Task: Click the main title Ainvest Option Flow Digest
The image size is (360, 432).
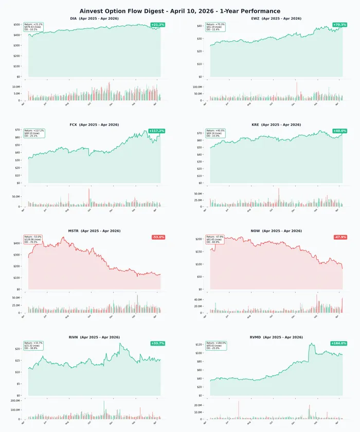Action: (180, 11)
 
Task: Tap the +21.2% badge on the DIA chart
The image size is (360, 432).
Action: (157, 25)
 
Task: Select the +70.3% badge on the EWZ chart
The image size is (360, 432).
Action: (339, 25)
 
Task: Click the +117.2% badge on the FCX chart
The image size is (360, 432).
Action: (156, 131)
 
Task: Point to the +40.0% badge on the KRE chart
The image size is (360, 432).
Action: (339, 131)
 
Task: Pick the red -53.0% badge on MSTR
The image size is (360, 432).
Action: (158, 237)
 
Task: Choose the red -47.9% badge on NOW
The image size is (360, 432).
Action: (340, 237)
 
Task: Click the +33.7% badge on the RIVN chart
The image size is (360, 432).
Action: (157, 343)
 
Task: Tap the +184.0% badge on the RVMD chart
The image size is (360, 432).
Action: (338, 343)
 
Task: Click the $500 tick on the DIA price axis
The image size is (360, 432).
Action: (17, 25)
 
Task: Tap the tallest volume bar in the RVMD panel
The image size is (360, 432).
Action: (239, 410)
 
